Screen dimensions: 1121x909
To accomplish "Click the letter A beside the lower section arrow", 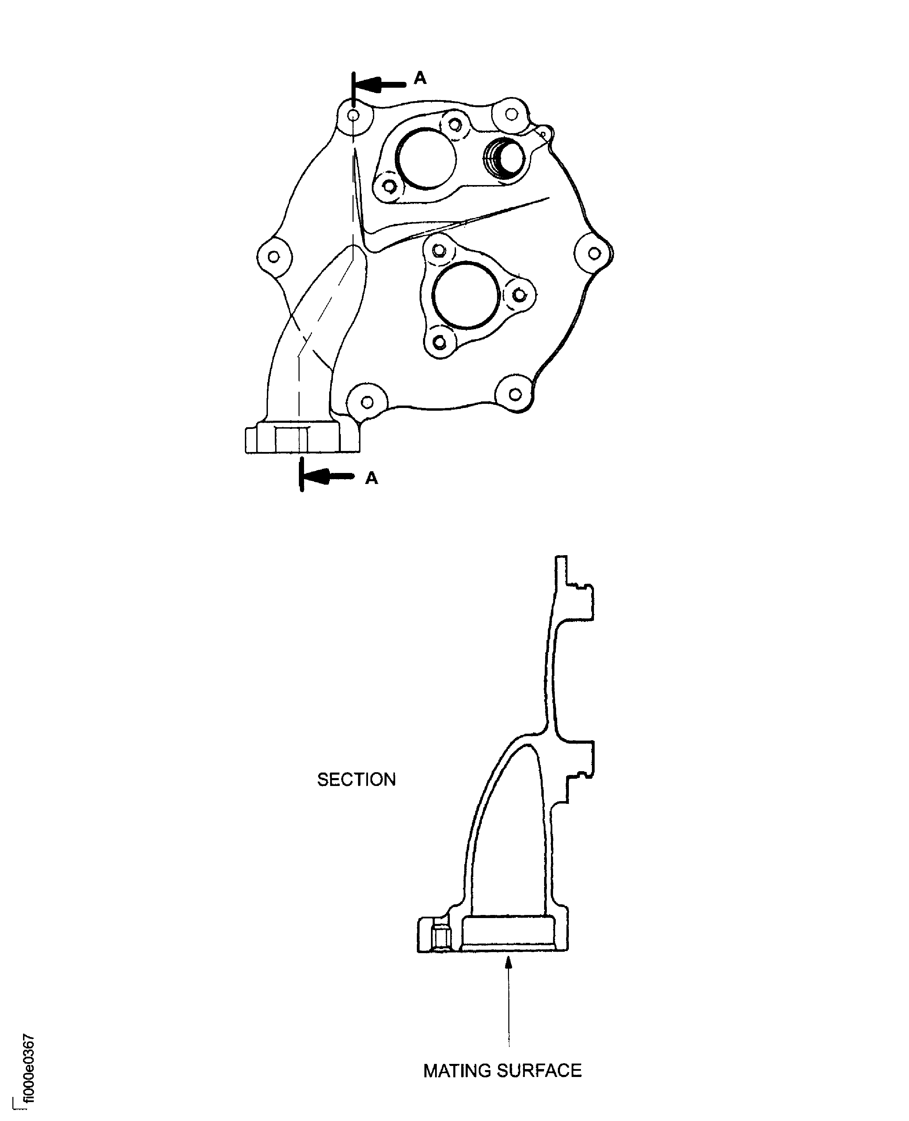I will [371, 478].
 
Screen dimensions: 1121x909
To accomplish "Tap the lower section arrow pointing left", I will [328, 475].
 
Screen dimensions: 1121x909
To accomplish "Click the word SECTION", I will [356, 780].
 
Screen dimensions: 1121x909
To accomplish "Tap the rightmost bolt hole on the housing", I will [594, 254].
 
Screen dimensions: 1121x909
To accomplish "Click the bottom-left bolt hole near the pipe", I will [367, 402].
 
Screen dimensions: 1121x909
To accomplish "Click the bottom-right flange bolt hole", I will [515, 394].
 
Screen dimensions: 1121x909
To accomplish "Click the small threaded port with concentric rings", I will [504, 157].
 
